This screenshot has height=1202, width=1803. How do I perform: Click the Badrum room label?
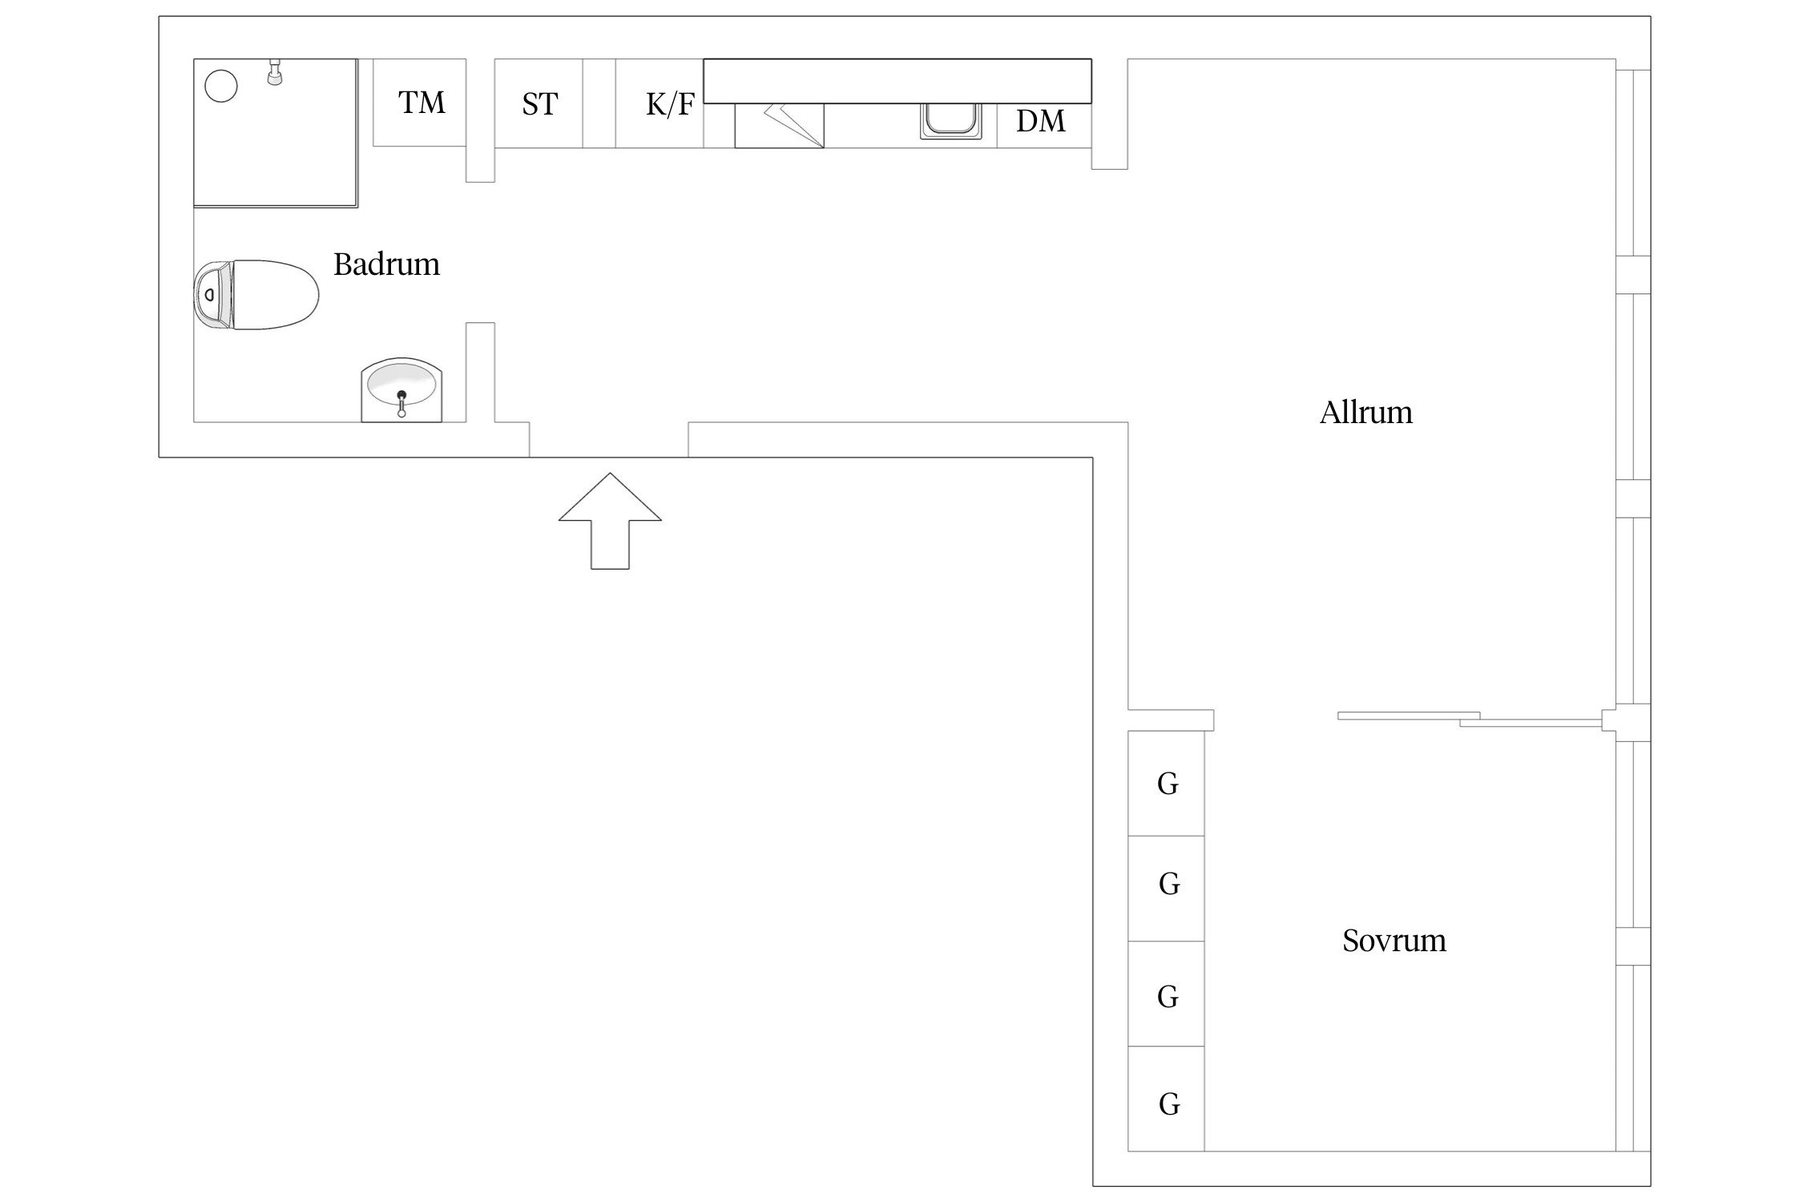point(386,264)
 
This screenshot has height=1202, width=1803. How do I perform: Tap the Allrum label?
point(1365,413)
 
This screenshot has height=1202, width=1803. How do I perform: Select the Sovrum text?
point(1394,940)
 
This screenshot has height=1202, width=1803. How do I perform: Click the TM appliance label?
point(422,103)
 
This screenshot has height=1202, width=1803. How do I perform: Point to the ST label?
point(539,104)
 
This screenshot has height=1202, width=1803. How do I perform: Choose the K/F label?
point(670,104)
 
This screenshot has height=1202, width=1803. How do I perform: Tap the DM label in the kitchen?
point(1040,121)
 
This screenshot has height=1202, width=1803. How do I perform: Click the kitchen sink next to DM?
point(950,121)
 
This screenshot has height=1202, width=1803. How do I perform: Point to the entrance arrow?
point(610,521)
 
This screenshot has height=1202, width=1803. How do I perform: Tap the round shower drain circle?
point(221,86)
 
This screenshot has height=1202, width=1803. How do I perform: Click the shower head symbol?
point(275,73)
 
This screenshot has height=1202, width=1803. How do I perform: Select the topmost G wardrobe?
point(1166,783)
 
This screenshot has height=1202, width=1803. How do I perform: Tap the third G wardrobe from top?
point(1166,996)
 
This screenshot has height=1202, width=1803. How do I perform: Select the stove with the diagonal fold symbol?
point(779,126)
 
